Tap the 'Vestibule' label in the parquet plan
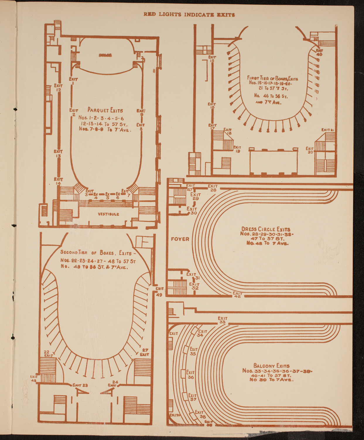(108, 214)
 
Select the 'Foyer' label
(180, 239)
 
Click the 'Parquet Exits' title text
(105, 110)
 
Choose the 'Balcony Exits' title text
(271, 366)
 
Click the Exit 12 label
(58, 88)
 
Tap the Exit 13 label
(58, 154)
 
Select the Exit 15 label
(212, 59)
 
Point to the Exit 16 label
(212, 106)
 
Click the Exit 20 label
(310, 150)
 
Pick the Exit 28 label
(213, 188)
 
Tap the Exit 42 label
(237, 295)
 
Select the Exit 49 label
(160, 292)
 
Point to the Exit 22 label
(47, 353)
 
